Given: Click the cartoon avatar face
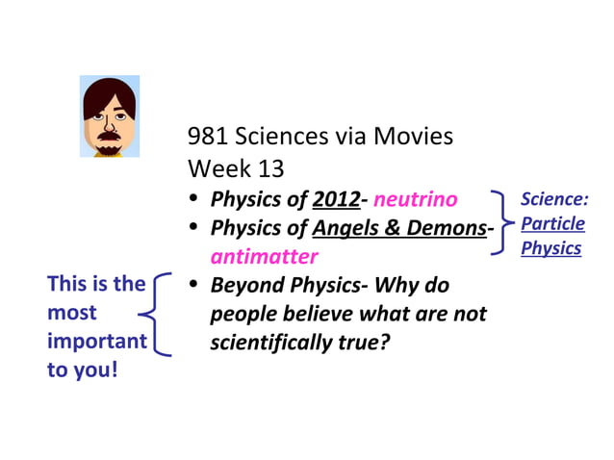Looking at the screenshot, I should pos(109,115).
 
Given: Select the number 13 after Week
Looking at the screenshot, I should pos(272,168).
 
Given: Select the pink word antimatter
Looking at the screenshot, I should pos(264,258).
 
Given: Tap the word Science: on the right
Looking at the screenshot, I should pos(554,200).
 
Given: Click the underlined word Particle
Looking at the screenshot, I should pos(552,223).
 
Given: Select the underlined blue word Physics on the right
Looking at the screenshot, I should pos(551,248).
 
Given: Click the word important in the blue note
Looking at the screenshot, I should pos(96,342).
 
